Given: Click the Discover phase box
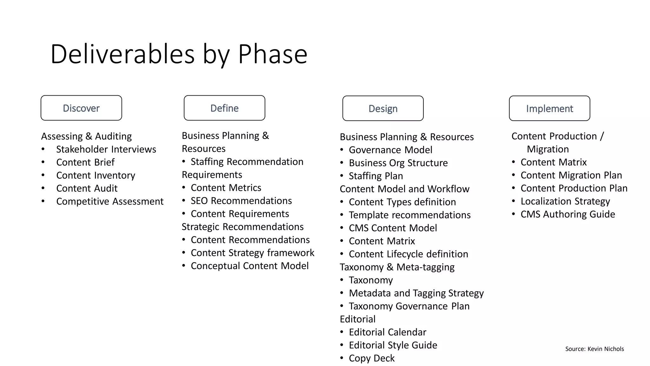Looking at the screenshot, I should (81, 108).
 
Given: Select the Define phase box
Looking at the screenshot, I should (224, 108).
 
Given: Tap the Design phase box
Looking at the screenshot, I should (383, 108).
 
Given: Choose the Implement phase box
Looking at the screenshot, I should (549, 108).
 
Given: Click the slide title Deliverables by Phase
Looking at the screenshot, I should (179, 54).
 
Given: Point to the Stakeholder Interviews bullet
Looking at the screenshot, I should (106, 149).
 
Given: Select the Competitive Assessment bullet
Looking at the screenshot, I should (110, 201).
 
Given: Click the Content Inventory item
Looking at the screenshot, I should (96, 175).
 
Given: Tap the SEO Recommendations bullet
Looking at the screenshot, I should (241, 201).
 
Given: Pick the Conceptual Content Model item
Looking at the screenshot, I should (249, 266).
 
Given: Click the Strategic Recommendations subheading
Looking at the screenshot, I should (242, 227).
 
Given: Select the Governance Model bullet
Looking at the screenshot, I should (390, 150).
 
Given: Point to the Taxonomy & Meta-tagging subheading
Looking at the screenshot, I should (397, 267).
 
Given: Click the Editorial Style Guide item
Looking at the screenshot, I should (393, 345).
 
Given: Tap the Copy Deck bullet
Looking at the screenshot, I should (372, 358).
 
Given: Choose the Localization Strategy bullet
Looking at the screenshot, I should (565, 201).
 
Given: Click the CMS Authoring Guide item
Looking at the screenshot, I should (568, 214).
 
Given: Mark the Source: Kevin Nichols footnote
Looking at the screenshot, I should (594, 349).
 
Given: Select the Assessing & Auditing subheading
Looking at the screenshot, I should (86, 136).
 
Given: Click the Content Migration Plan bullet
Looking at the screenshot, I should (571, 175).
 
